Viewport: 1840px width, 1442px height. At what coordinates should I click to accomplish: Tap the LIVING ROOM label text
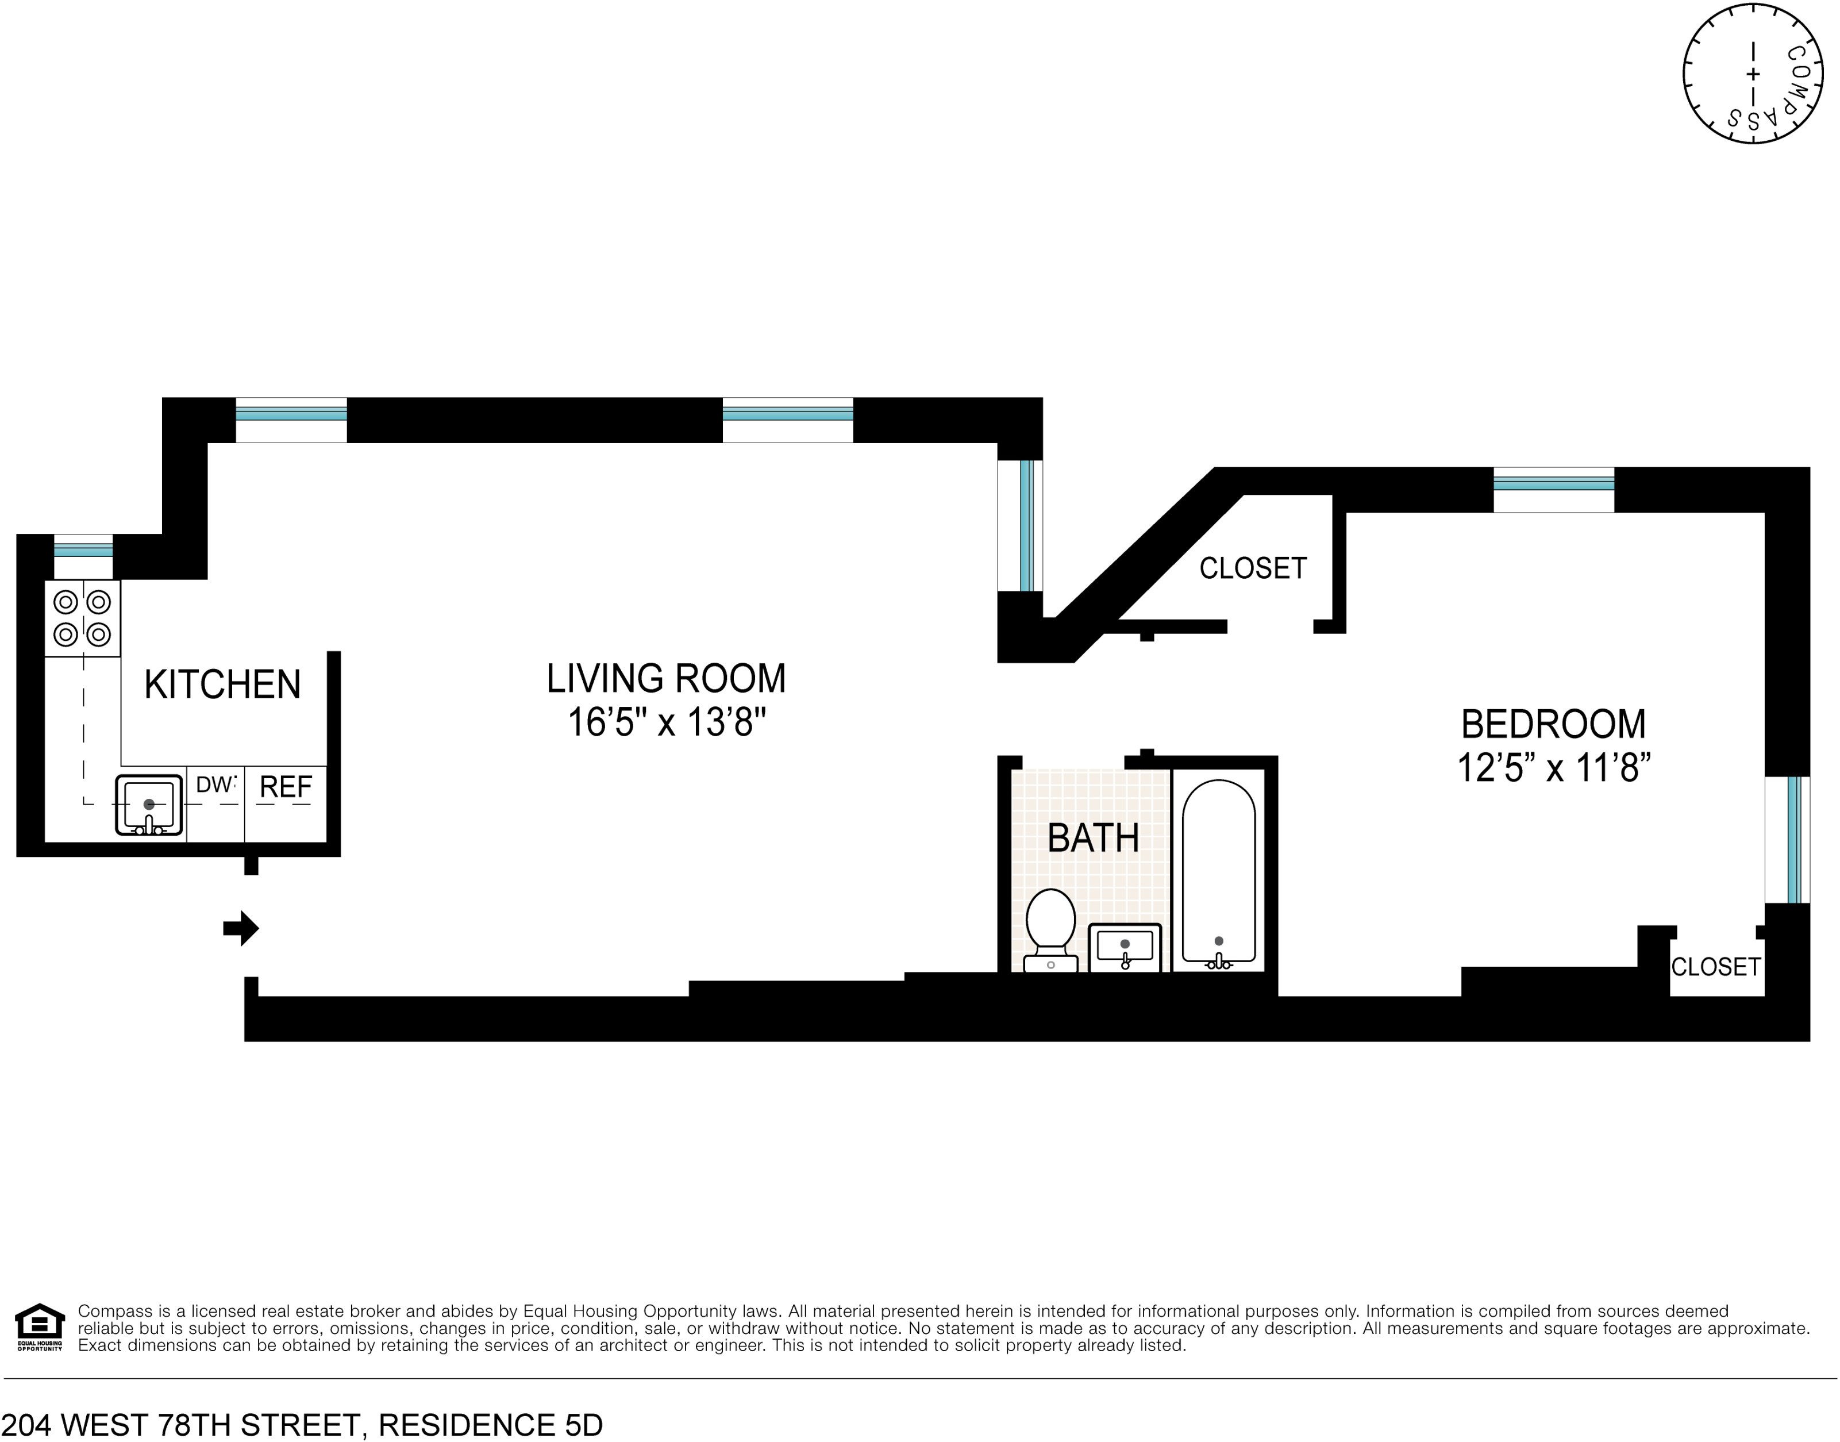point(666,678)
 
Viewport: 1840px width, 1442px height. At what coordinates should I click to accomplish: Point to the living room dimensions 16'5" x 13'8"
point(666,722)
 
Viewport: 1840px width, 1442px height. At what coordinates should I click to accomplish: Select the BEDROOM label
point(1553,724)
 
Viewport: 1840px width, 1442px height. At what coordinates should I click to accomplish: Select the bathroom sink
point(1125,947)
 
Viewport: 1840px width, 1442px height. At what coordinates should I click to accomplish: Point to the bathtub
point(1219,874)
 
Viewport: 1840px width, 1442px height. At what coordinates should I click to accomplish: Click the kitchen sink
point(149,805)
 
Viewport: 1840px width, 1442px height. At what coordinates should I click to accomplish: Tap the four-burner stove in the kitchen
point(82,618)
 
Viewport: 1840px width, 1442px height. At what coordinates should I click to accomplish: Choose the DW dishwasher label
point(215,785)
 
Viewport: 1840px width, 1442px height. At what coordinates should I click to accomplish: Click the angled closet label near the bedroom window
point(1253,568)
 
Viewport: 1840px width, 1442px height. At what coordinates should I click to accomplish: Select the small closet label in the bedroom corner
point(1716,967)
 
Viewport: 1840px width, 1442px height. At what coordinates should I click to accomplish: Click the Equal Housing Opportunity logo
point(40,1328)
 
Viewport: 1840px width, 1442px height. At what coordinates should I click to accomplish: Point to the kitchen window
point(83,549)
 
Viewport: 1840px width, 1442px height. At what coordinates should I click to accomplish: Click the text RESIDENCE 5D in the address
point(490,1425)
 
